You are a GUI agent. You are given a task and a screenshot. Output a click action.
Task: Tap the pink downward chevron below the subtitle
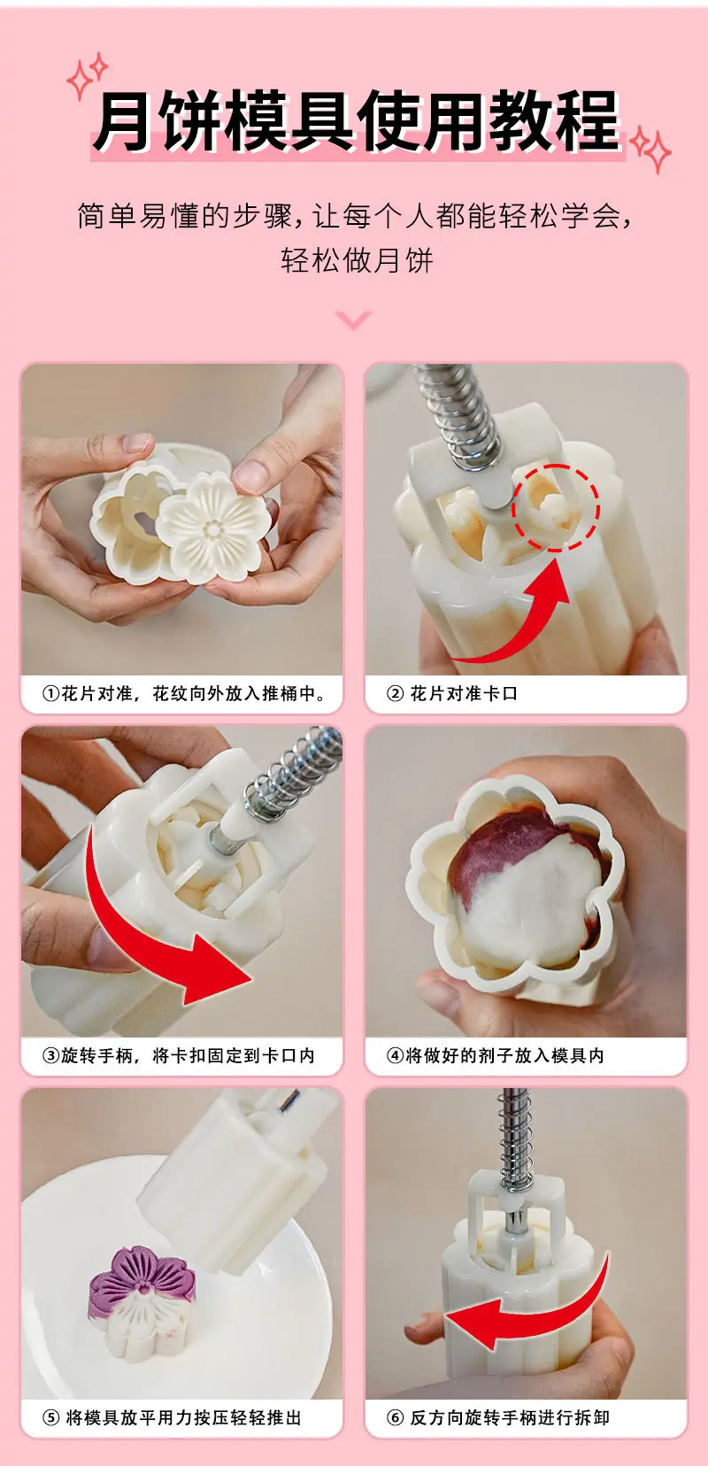coord(353,320)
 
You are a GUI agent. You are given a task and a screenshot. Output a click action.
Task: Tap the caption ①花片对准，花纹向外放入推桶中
coord(184,694)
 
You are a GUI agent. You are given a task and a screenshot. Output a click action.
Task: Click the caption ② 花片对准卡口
coord(452,694)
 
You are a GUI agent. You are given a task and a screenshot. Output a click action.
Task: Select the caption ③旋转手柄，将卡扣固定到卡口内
coord(179,1055)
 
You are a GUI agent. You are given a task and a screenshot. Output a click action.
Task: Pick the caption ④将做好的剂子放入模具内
coord(496,1055)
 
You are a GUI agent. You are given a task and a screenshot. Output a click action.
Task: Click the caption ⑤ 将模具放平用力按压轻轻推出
coord(172,1418)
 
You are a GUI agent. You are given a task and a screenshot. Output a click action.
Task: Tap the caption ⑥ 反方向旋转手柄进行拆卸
coord(498,1418)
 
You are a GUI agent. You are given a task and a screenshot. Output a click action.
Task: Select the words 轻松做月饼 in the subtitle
coord(357,260)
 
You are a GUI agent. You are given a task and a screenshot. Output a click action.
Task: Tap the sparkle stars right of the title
coord(650,150)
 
